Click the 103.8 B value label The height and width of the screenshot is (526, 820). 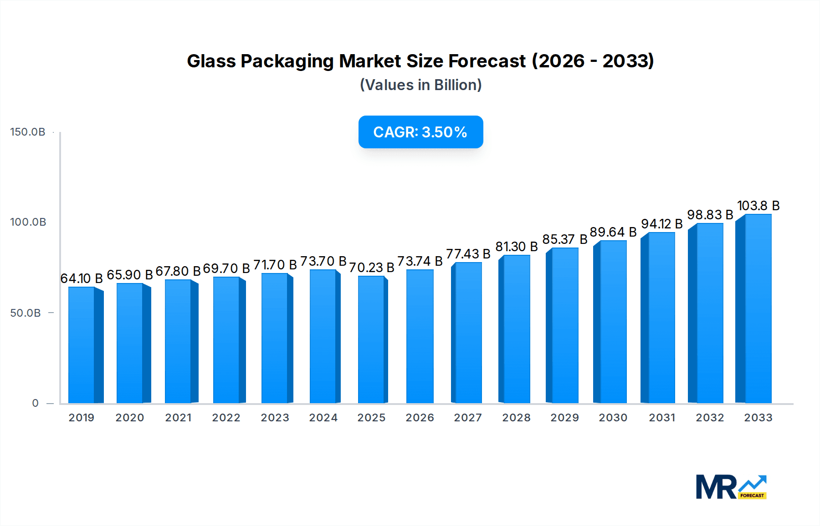(758, 206)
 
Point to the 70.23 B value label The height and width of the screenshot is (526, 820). (371, 268)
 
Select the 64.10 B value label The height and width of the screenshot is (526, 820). (82, 278)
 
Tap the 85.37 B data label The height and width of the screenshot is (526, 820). (564, 239)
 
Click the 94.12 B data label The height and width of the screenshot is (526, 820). (661, 224)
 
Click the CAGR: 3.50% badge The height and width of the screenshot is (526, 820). (420, 132)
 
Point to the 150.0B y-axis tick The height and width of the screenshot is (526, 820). (28, 132)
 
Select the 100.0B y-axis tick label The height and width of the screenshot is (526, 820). (28, 222)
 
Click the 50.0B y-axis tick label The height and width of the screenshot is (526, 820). (26, 313)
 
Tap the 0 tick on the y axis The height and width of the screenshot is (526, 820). (35, 403)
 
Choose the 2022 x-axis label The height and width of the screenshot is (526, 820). (226, 418)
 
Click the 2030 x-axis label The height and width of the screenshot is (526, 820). (613, 418)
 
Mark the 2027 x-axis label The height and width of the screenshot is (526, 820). (468, 418)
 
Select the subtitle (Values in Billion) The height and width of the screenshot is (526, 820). (420, 85)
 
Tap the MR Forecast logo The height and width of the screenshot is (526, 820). (731, 487)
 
